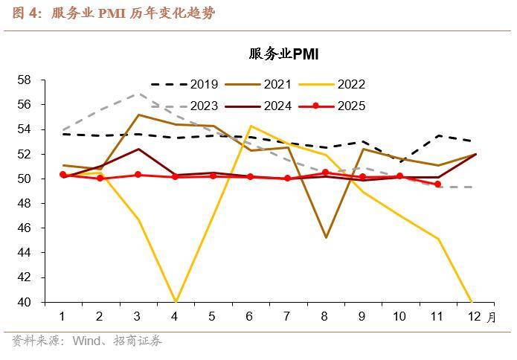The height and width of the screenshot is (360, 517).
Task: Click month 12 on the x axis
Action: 473,317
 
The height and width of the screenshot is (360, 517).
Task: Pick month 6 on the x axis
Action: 249,317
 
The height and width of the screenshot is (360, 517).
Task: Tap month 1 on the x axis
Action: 62,317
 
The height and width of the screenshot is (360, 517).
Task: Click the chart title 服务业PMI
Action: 283,54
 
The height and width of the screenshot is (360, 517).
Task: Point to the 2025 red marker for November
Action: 437,184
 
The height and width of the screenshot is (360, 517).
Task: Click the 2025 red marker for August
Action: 325,173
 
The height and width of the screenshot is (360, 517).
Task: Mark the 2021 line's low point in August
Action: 325,237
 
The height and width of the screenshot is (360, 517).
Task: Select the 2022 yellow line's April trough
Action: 175,301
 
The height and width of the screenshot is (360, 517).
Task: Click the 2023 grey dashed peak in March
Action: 138,94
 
